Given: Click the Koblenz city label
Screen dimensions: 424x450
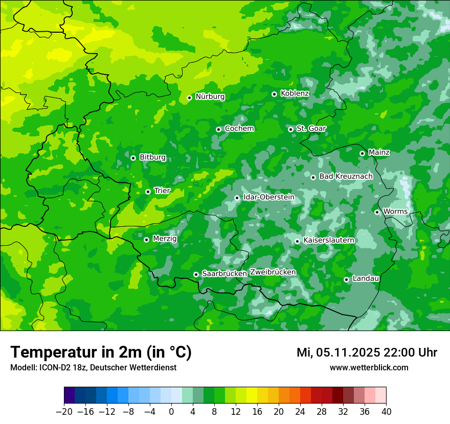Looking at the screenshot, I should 295,93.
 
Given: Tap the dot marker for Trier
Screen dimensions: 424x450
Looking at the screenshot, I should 148,192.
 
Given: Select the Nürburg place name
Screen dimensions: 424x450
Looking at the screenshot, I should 210,97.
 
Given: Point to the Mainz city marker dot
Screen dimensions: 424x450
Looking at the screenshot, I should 362,153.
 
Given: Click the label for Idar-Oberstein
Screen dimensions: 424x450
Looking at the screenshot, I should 268,197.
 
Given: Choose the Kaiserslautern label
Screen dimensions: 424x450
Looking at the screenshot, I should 328,240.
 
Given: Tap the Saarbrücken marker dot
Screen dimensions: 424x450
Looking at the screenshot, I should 196,274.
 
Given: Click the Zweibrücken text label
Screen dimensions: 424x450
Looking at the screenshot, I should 273,272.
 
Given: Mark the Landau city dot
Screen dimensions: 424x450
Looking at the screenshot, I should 346,279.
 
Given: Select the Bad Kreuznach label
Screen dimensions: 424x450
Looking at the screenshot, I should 346,176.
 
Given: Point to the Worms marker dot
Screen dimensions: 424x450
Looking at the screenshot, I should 377,212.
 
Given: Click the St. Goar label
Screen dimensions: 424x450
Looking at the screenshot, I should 311,128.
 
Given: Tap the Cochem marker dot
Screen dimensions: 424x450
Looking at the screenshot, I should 218,129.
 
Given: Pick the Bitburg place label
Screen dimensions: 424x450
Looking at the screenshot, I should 152,157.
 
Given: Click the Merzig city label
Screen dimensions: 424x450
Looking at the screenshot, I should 165,239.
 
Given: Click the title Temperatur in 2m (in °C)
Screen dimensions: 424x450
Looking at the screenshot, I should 101,352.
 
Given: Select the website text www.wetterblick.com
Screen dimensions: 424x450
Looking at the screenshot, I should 369,367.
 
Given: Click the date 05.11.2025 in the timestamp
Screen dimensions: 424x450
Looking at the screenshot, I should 348,352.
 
